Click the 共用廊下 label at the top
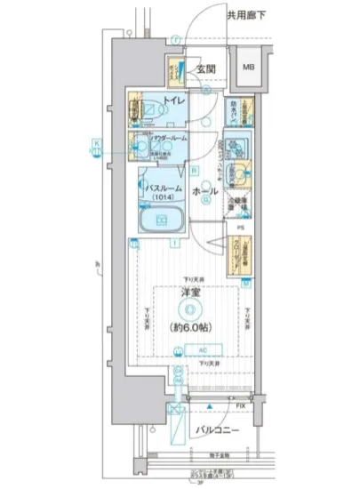point(247,15)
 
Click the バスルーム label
point(162,188)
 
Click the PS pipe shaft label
point(242,228)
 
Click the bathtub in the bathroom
point(162,219)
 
